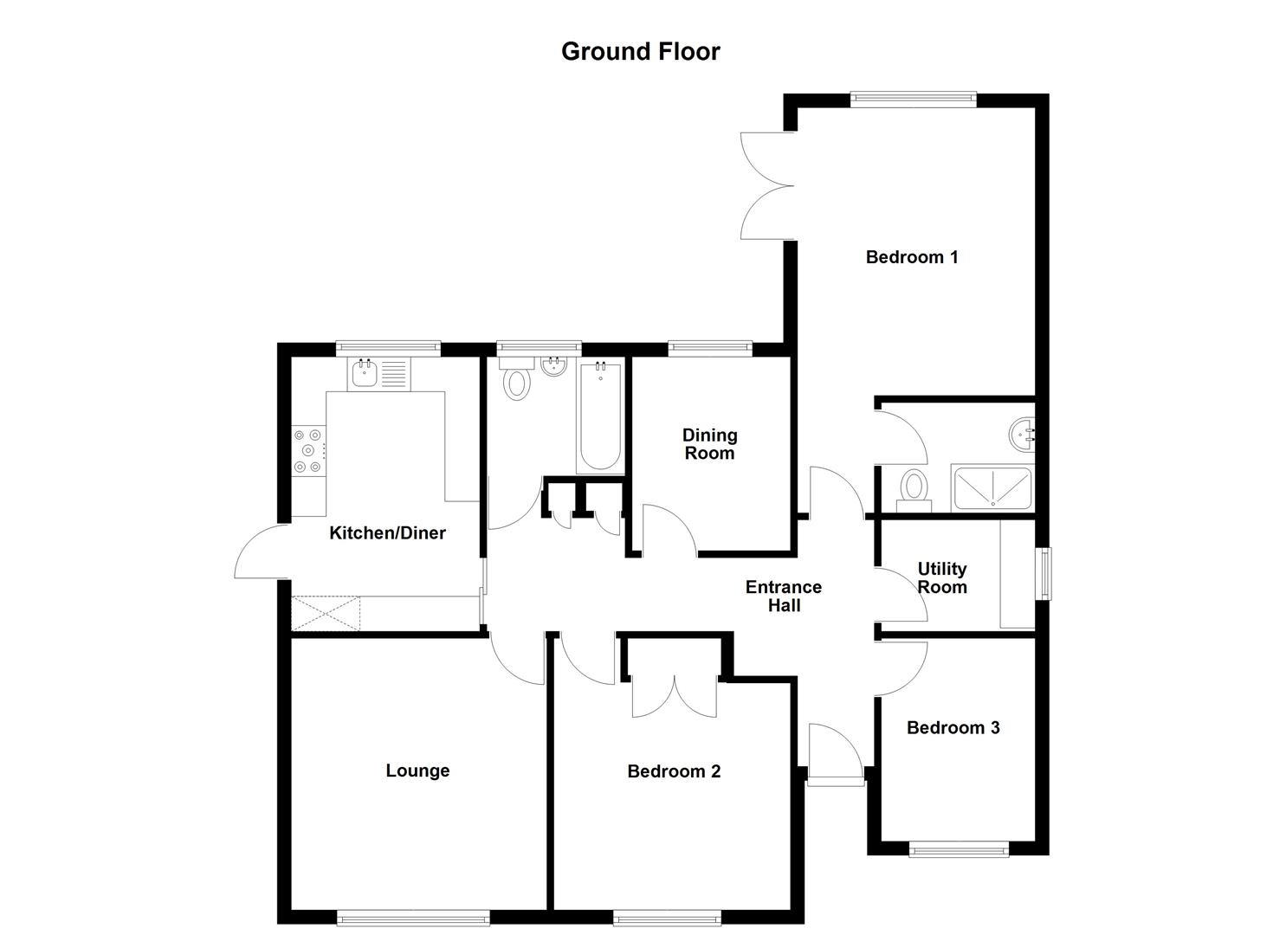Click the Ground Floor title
[640, 52]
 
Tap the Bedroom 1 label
[912, 257]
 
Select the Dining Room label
[709, 444]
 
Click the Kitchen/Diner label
[387, 533]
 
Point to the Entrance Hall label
[784, 596]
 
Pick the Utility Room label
[941, 577]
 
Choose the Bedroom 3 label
[953, 728]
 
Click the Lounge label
[417, 771]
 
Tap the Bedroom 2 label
[674, 771]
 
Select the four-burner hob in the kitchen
[308, 450]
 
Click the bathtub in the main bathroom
[599, 417]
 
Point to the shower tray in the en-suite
[992, 489]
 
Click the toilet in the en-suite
[913, 487]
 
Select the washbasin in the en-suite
[1023, 435]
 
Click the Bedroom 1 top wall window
[913, 100]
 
